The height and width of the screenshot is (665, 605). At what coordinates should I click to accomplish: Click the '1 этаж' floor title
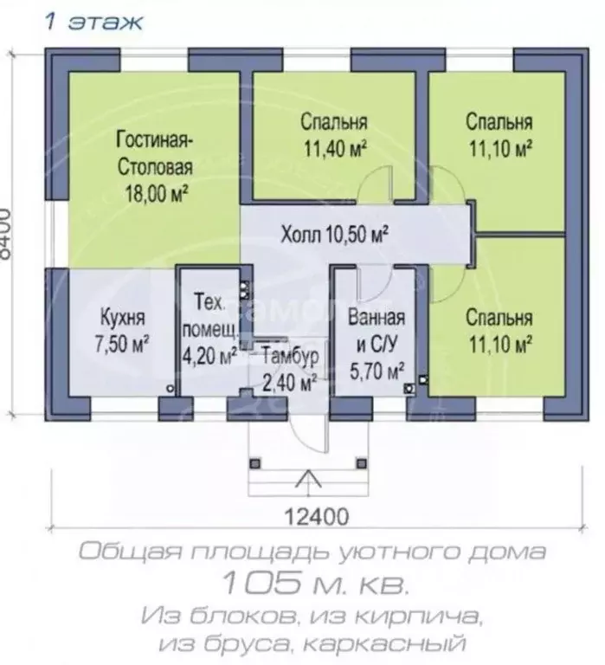[x=93, y=22]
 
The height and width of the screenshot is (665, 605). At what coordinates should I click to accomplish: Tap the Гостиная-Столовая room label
[x=155, y=154]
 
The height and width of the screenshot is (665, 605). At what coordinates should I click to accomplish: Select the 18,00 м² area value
[x=156, y=194]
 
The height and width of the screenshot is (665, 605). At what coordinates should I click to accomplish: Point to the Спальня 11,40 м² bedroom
[x=334, y=135]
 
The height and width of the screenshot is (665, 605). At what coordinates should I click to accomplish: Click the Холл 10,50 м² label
[x=334, y=234]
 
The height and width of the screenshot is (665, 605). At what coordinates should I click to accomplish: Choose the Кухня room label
[x=123, y=318]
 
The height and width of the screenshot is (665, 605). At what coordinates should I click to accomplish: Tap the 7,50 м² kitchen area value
[x=122, y=344]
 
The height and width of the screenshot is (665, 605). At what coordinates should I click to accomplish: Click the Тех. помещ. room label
[x=209, y=315]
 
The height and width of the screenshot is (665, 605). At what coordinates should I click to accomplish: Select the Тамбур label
[x=290, y=356]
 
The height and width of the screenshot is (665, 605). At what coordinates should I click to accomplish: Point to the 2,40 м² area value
[x=290, y=382]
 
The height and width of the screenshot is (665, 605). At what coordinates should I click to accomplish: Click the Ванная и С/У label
[x=377, y=331]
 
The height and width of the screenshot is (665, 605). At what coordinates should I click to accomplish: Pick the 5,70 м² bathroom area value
[x=377, y=371]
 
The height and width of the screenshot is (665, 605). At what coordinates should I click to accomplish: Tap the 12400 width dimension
[x=316, y=517]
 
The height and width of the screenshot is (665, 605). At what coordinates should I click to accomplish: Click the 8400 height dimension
[x=6, y=233]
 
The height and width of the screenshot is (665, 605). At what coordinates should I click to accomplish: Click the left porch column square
[x=254, y=463]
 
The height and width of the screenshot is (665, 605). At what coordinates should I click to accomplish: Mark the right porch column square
[x=362, y=463]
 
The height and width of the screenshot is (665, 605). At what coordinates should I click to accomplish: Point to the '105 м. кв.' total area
[x=315, y=583]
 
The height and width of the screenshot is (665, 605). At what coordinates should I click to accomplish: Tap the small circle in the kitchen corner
[x=171, y=388]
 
